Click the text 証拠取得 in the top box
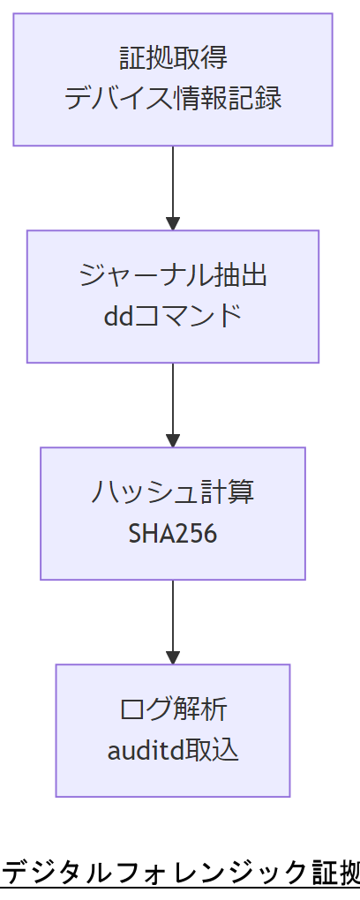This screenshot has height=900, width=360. pos(173,59)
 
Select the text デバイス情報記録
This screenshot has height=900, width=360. pos(173,98)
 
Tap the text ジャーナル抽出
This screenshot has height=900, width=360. pos(173,276)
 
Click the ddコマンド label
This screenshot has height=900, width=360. pos(173,316)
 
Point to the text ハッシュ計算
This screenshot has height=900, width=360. pos(173,493)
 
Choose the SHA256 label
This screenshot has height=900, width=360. pos(173,533)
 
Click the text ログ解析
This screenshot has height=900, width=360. pos(173,710)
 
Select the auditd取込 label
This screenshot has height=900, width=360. pos(173,750)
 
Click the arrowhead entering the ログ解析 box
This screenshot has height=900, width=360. pos(173,657)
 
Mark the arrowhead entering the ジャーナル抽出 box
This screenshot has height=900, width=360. pos(173,223)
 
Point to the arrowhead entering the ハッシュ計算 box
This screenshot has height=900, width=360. pos(173,440)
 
